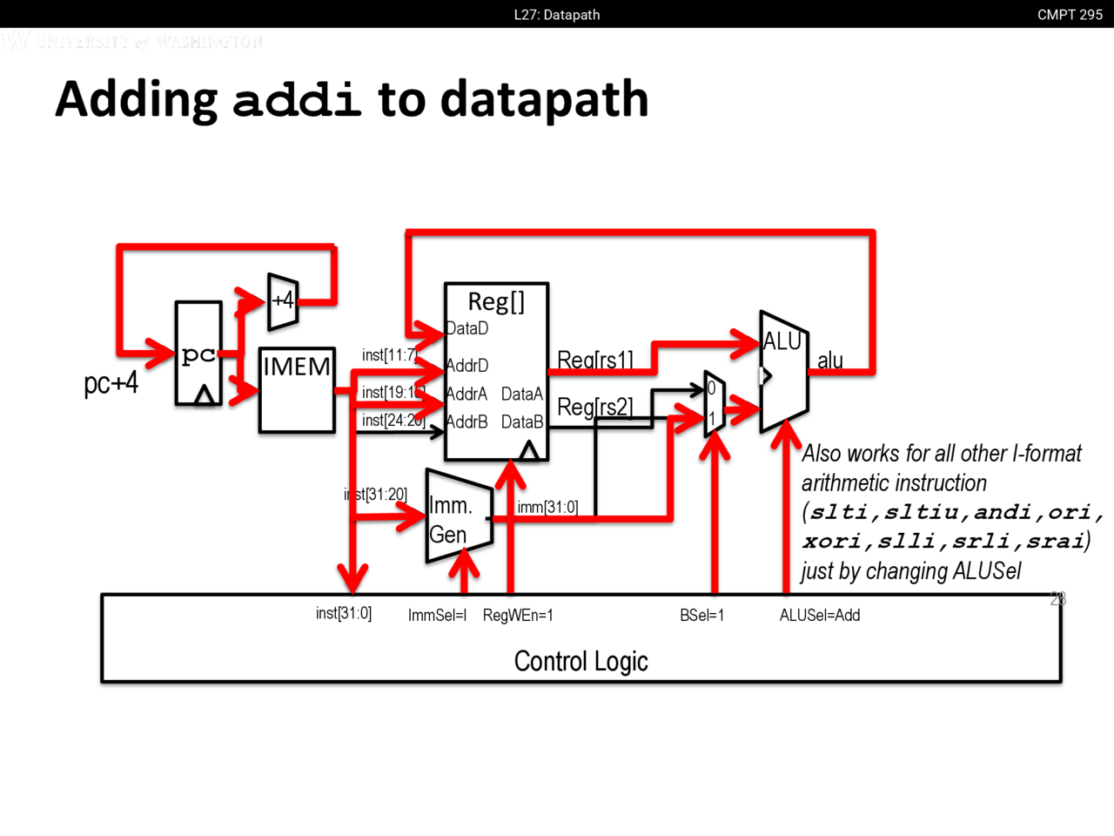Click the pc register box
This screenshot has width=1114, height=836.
[198, 353]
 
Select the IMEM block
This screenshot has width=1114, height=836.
[297, 389]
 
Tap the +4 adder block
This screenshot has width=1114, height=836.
[283, 301]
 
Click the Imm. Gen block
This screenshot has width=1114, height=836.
[458, 519]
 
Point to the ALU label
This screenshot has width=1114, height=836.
[782, 342]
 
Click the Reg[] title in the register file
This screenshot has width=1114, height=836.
[496, 302]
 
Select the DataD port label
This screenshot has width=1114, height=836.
[467, 328]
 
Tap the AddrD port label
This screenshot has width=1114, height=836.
[467, 366]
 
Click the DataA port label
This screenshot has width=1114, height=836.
[522, 394]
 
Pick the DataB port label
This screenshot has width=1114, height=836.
[522, 422]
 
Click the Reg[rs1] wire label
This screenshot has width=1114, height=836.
[595, 360]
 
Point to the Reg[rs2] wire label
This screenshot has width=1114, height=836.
[595, 407]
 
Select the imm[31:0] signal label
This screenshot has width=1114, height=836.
[547, 507]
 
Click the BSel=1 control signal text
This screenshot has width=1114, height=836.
[701, 616]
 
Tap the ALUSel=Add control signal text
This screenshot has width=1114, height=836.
[820, 616]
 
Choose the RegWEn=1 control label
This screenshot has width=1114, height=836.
[518, 616]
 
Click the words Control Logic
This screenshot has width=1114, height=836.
[581, 662]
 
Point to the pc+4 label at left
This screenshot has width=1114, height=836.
[111, 383]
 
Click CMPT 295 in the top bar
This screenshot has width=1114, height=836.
[1070, 15]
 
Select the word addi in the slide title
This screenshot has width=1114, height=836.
[297, 99]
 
